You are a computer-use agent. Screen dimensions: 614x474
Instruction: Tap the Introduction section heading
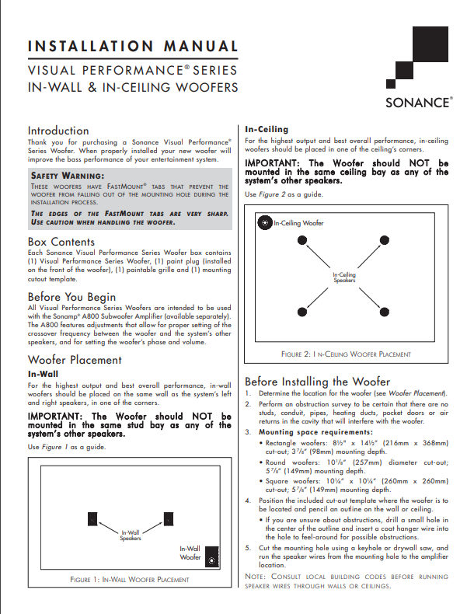[58, 131]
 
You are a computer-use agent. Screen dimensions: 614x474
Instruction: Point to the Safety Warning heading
[67, 175]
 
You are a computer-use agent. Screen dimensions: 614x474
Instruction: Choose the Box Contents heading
[61, 242]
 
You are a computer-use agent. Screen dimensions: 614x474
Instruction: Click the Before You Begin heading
[71, 297]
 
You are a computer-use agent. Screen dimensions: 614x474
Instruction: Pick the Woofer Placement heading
[75, 360]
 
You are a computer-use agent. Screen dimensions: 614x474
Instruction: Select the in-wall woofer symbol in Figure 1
[208, 557]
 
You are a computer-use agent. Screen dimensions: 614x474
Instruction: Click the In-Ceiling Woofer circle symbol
[265, 223]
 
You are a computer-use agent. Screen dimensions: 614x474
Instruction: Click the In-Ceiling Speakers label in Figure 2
[344, 277]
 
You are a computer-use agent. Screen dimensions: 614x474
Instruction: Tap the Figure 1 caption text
[129, 579]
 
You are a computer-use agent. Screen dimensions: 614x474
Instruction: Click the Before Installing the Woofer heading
[317, 382]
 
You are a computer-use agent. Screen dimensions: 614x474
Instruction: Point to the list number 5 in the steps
[248, 548]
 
